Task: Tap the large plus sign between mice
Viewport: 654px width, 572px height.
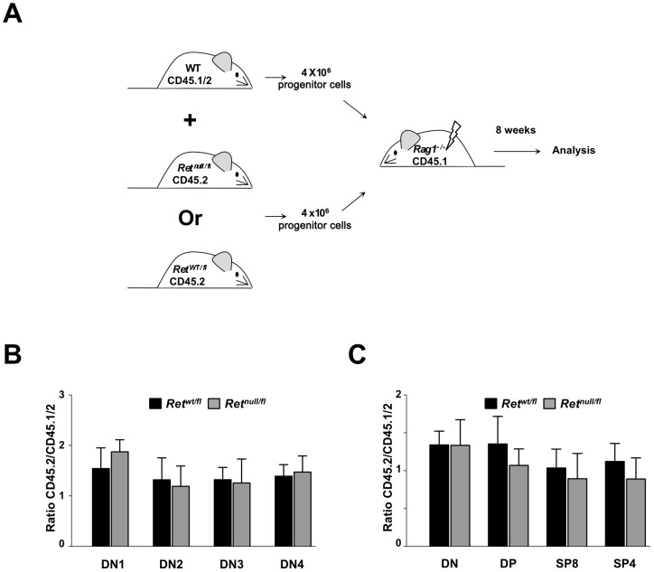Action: [x=191, y=121]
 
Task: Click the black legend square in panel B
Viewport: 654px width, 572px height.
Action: [x=155, y=404]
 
